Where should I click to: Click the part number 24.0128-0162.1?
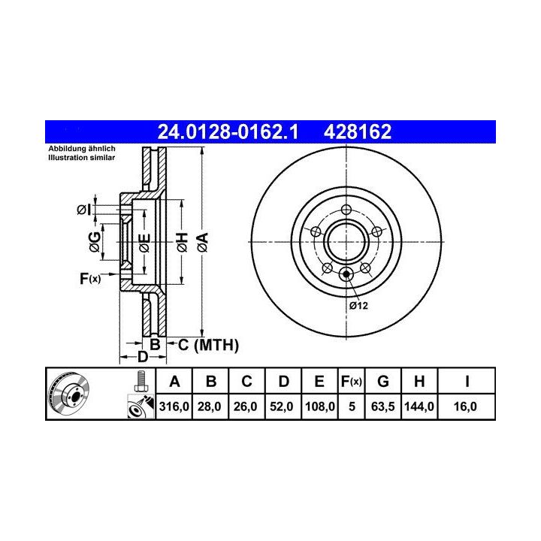pyautogui.click(x=228, y=131)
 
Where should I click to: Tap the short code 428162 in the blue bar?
pyautogui.click(x=358, y=131)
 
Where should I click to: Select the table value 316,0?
pyautogui.click(x=174, y=407)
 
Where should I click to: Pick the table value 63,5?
pyautogui.click(x=383, y=407)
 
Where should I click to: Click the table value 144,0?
pyautogui.click(x=419, y=407)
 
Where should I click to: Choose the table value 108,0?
pyautogui.click(x=320, y=407)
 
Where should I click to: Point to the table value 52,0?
pyautogui.click(x=282, y=407)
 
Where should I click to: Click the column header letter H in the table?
pyautogui.click(x=419, y=382)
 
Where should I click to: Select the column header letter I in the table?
pyautogui.click(x=467, y=382)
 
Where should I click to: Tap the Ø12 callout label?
pyautogui.click(x=358, y=306)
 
